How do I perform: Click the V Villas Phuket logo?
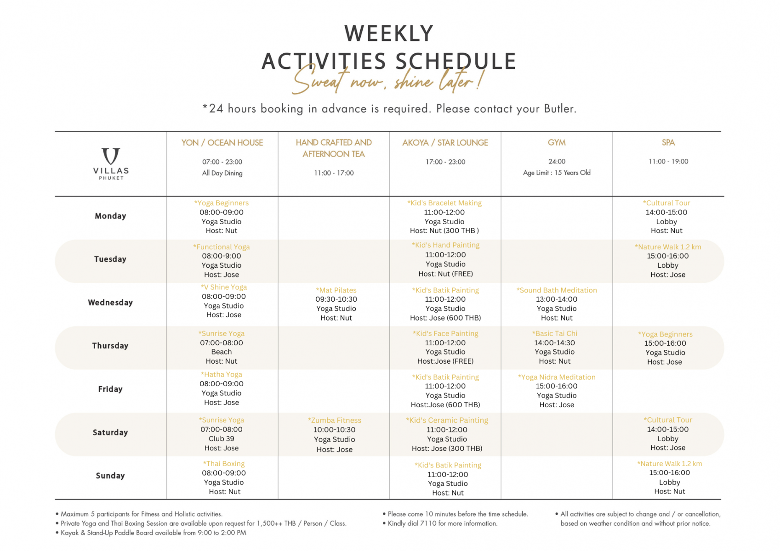tap(111, 163)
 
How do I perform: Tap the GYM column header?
tap(557, 143)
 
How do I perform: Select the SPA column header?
tap(668, 143)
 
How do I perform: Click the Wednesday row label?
tap(110, 302)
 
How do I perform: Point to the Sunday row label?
tap(110, 476)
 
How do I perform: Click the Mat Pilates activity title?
tap(336, 290)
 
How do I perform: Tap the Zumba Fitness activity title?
tap(334, 420)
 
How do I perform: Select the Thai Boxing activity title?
tap(223, 463)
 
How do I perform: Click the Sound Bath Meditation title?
tap(557, 290)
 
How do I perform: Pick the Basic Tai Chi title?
tap(554, 333)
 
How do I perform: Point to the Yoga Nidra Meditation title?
tap(557, 377)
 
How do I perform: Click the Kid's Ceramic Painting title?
tap(447, 420)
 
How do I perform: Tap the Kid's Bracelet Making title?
tap(444, 203)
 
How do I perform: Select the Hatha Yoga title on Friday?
tap(221, 374)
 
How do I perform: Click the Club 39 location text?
tap(221, 439)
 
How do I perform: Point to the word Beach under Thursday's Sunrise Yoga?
tap(221, 352)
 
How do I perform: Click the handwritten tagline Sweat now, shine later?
tap(387, 79)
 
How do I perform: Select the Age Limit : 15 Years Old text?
tap(557, 173)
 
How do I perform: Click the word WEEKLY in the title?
tap(388, 34)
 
